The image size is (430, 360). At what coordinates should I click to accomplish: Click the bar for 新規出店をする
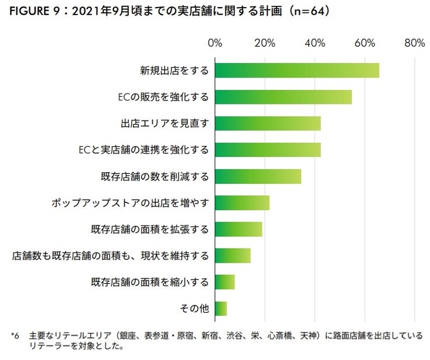click(x=297, y=70)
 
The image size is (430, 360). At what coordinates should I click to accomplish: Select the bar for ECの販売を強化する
click(x=283, y=97)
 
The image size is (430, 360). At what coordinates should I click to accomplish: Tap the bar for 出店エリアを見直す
click(x=268, y=123)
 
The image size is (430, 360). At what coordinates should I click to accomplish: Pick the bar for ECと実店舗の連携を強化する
click(x=268, y=149)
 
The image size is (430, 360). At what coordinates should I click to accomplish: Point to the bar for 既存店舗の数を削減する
click(x=258, y=176)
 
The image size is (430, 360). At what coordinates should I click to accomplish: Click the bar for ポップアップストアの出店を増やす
click(x=242, y=202)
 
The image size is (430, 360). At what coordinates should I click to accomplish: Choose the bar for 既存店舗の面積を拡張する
click(x=239, y=229)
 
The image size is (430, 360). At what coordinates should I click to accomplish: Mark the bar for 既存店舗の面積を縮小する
click(x=225, y=282)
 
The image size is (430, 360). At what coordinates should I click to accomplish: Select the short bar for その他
click(x=221, y=309)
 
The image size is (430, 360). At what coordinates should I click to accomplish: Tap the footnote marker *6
click(x=15, y=336)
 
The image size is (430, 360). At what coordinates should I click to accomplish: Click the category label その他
click(x=195, y=309)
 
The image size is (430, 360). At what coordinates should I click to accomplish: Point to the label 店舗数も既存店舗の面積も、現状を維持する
click(x=110, y=256)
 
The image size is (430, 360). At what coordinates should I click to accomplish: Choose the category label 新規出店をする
click(x=174, y=71)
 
